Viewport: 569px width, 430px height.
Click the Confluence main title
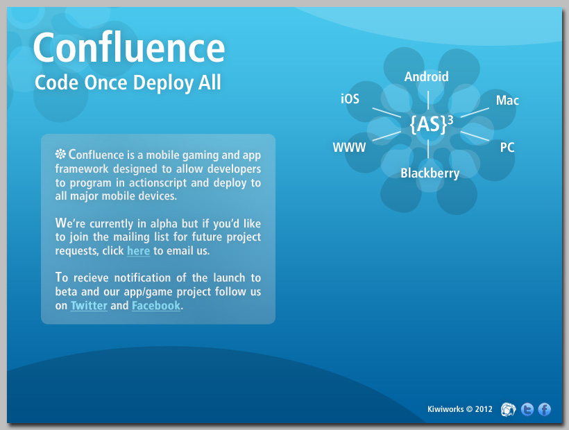tap(129, 47)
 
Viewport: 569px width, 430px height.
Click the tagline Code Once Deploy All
tap(128, 83)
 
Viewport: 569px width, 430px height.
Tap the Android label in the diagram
tap(426, 76)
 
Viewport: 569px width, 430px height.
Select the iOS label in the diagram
tap(350, 98)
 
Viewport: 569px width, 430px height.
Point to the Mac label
tap(507, 100)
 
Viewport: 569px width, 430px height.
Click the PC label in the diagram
tap(507, 147)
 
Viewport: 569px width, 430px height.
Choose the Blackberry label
tap(430, 173)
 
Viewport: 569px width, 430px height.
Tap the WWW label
tap(349, 147)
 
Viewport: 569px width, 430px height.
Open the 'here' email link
tap(138, 250)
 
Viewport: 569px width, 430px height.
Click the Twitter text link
tap(89, 305)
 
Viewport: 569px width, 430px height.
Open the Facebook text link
tap(156, 305)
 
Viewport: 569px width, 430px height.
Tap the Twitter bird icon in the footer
tap(527, 409)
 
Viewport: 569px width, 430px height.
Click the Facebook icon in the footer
tap(544, 409)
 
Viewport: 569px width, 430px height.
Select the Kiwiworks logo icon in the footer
tap(508, 409)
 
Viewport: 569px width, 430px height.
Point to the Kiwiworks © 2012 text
tap(460, 409)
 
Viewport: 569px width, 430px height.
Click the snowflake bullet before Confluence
tap(60, 154)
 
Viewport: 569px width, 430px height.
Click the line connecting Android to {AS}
tap(428, 100)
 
